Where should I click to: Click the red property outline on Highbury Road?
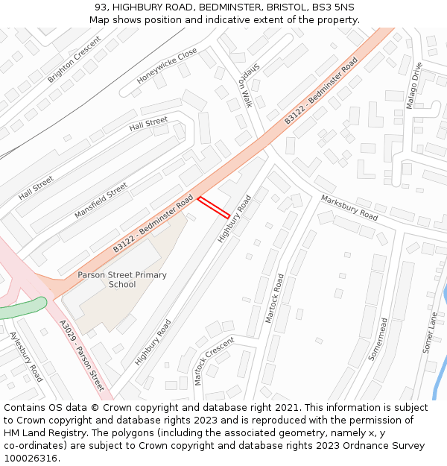point(214,207)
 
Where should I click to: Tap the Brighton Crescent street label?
point(74,60)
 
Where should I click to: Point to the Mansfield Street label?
point(101,201)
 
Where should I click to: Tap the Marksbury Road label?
point(349,207)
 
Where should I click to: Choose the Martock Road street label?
point(275,298)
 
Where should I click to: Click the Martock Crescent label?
point(214,360)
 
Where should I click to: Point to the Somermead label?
point(379,339)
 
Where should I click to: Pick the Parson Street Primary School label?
point(122,280)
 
